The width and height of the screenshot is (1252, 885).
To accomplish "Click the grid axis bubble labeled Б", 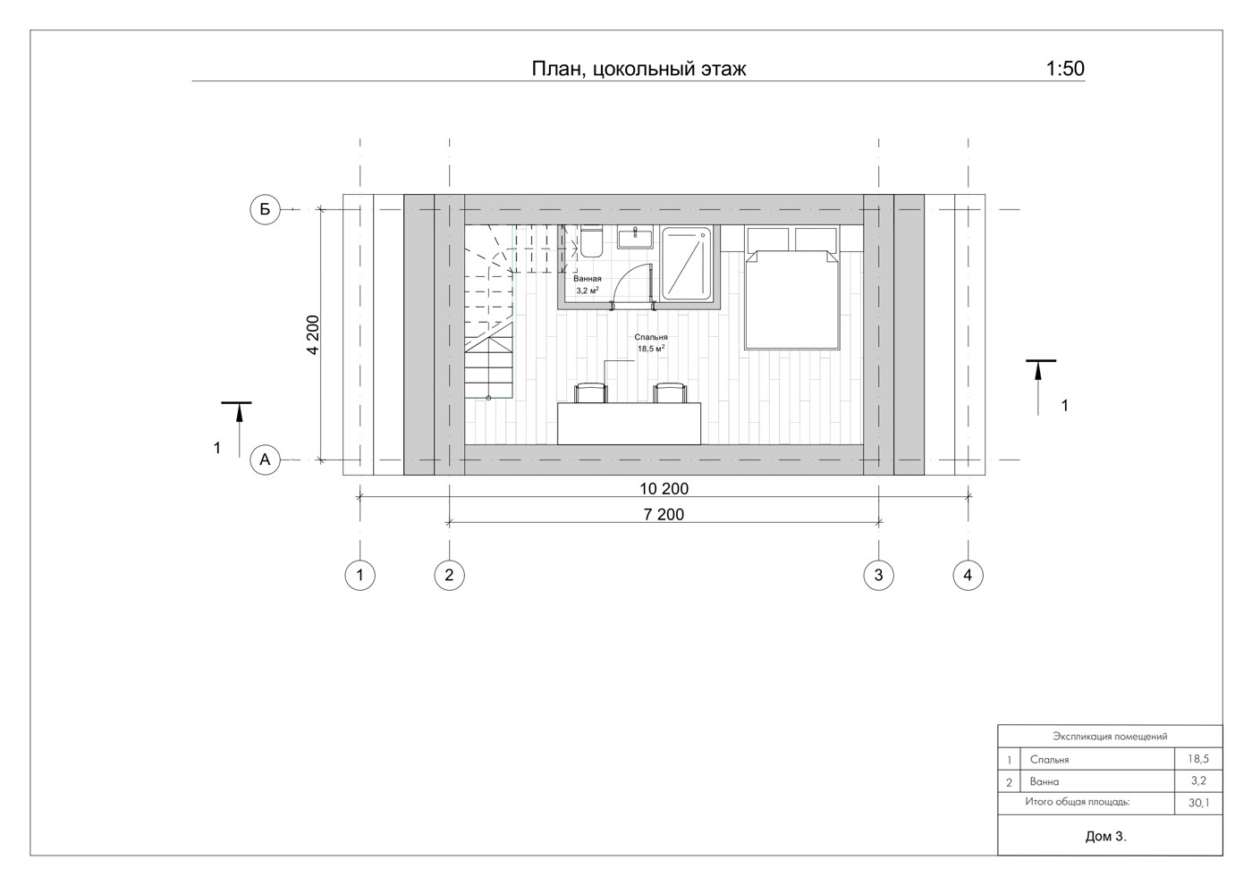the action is point(265,209).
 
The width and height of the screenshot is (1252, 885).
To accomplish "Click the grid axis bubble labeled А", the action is point(265,459).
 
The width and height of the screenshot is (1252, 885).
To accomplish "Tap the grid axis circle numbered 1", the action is point(360,575).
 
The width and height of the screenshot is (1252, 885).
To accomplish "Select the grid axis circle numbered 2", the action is point(449,575).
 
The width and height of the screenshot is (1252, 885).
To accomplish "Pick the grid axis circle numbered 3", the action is point(878,575).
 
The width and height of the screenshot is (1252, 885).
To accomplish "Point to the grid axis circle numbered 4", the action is point(968,575).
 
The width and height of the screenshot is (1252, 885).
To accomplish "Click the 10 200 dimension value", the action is point(664,489).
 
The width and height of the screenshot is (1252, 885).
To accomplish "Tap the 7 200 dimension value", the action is point(664,515).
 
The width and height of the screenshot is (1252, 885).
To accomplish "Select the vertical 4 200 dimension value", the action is point(313,334).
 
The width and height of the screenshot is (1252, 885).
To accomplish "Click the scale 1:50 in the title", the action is point(1065,69).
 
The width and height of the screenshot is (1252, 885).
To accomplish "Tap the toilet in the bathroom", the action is point(591,241).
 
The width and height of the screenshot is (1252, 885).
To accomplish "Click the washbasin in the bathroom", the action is point(635,237).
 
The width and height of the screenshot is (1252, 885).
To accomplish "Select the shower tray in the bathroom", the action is point(687,263).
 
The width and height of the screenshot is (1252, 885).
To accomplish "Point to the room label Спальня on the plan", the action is point(651,337).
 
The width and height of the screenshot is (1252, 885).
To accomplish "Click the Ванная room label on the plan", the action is point(588,278).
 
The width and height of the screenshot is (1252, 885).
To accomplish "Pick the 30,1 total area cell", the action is point(1198,803).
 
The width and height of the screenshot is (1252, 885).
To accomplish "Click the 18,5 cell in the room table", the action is point(1198,759).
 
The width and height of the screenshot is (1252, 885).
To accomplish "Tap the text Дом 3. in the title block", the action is point(1105,837).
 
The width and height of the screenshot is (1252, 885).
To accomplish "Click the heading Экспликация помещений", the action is point(1110,737).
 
